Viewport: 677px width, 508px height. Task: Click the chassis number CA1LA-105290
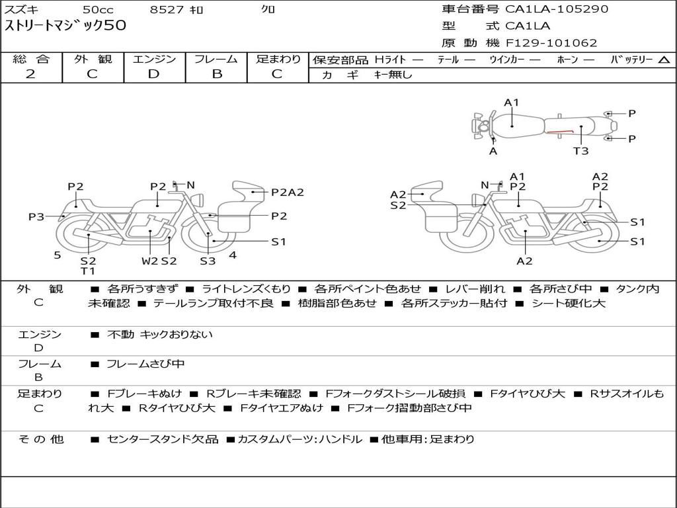557,9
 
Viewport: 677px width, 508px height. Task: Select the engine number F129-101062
551,43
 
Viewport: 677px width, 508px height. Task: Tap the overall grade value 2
30,74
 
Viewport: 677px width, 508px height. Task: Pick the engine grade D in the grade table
153,74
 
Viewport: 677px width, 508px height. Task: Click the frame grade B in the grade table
216,74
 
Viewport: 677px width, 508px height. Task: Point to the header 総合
31,59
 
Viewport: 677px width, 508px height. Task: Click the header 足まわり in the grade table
278,59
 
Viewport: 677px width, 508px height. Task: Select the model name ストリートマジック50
65,26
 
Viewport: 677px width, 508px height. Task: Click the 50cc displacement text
98,10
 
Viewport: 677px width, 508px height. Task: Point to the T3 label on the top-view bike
580,151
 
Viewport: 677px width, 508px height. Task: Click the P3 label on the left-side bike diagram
36,216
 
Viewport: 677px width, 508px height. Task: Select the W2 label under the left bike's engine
150,261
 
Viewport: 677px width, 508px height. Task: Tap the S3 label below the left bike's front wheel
208,261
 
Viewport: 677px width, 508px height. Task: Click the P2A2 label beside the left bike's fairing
288,192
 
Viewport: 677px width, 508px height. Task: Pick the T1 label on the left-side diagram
88,271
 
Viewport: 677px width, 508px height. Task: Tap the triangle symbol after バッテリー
664,60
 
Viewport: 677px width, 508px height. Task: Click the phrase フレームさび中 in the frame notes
145,364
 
